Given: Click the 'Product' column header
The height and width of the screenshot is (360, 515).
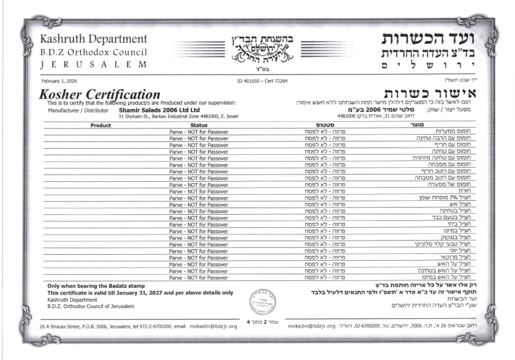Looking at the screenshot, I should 100,125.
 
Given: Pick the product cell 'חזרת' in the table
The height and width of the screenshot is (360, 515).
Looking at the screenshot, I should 463,190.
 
